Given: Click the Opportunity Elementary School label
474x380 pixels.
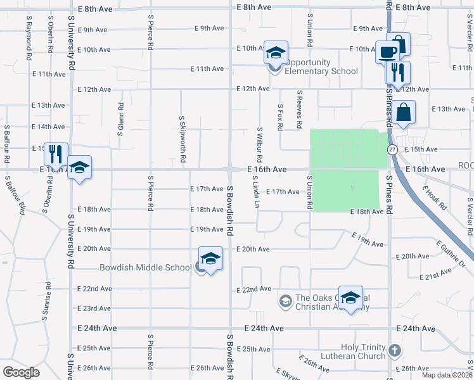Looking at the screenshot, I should click(321, 67).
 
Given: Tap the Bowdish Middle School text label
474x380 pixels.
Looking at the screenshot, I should click(145, 267).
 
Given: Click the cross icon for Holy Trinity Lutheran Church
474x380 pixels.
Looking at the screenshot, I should click(394, 350).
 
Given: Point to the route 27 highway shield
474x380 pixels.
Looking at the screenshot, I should click(393, 149).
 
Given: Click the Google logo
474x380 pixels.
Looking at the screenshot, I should click(21, 372).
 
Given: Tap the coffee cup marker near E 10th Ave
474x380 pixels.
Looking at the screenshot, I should click(387, 51).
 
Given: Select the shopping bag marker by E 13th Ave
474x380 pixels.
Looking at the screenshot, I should click(403, 113).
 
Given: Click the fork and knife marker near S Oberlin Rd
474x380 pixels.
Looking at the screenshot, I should click(56, 153).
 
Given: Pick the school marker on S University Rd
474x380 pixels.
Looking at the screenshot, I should click(79, 168).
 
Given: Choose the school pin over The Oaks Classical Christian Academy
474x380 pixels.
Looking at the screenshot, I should click(350, 298).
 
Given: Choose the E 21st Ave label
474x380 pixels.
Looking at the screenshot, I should click(435, 274).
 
